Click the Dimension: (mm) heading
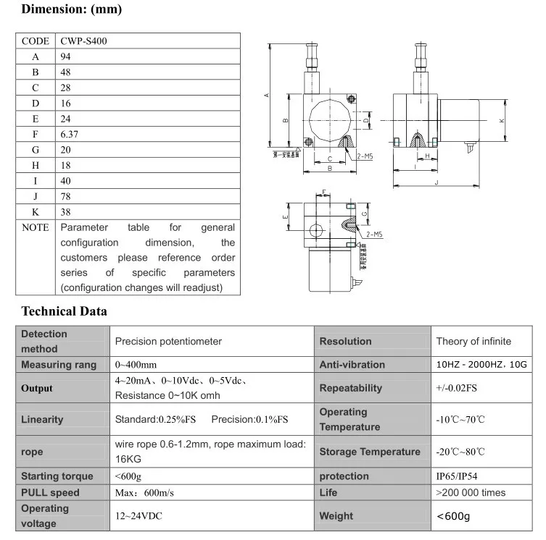coord(71,10)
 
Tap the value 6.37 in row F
coord(70,134)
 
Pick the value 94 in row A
coord(66,56)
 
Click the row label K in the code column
coord(36,211)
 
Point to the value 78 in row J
coord(66,196)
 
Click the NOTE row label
coord(36,227)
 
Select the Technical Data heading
coord(64,312)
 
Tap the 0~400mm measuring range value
coord(136,365)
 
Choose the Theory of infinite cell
coord(473,341)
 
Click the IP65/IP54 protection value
coord(456,476)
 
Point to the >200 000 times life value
coord(470,492)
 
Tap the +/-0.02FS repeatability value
coord(456,388)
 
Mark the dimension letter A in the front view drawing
coord(268,95)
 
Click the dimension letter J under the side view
coord(437,182)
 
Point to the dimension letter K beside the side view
coord(502,120)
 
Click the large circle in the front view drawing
coord(330,120)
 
